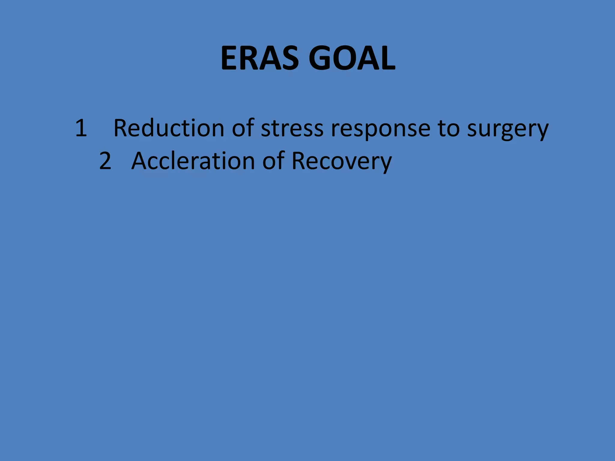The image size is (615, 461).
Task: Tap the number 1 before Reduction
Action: click(81, 128)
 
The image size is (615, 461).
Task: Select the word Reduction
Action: click(169, 128)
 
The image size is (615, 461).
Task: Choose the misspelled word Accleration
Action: click(193, 161)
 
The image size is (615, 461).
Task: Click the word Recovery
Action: click(341, 161)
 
